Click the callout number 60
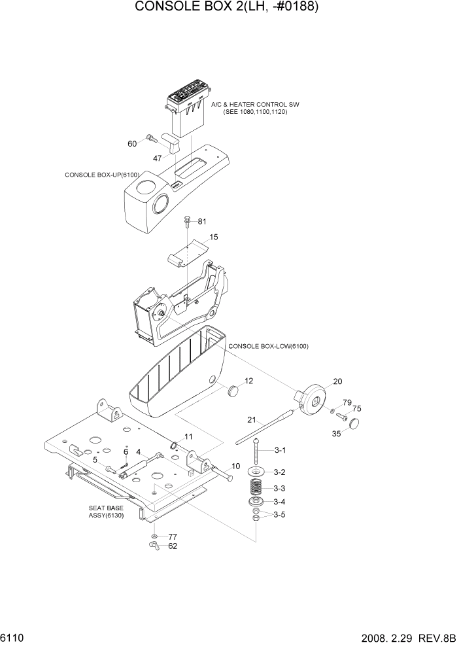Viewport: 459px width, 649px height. point(132,143)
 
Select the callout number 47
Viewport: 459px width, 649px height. point(157,158)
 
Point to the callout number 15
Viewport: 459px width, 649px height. point(214,237)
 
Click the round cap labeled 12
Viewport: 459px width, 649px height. point(233,391)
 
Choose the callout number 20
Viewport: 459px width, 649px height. point(337,381)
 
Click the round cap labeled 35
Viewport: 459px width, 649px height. point(356,424)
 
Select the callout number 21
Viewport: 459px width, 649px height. point(251,419)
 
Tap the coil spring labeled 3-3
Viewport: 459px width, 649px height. point(257,487)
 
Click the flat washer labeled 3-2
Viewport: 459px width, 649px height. point(257,472)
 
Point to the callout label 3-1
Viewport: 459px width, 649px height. point(280,450)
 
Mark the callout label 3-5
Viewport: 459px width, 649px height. point(280,515)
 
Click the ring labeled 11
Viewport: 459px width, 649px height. point(175,447)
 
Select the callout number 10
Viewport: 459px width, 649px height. point(235,466)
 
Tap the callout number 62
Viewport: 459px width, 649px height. point(173,546)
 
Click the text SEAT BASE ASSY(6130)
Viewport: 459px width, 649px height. point(106,511)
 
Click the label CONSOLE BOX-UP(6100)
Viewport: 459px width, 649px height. point(103,175)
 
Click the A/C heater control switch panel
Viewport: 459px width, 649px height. point(188,98)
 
